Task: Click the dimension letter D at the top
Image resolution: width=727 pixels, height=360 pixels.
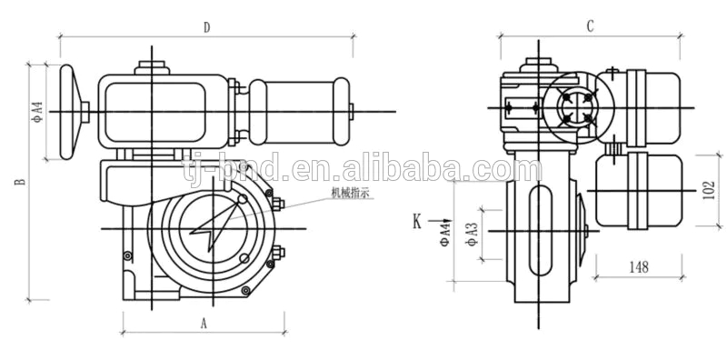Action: tap(206, 27)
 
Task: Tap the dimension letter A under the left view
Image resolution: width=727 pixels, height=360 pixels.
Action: tap(204, 322)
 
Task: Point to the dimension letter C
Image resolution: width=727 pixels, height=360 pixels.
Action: tap(590, 27)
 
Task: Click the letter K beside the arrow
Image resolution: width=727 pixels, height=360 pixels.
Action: tap(417, 221)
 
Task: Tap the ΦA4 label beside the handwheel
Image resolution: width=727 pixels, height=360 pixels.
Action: tap(37, 112)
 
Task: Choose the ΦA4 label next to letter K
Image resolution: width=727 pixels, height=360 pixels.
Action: tap(445, 233)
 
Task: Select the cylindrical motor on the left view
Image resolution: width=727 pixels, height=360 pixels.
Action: tap(301, 111)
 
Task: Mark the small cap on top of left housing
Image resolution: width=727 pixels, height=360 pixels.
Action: tap(152, 66)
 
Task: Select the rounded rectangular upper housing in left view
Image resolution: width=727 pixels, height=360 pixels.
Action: tap(164, 110)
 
